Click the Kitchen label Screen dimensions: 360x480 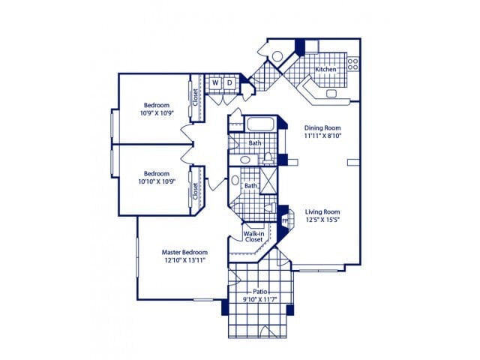(325, 69)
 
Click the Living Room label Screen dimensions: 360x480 (322, 211)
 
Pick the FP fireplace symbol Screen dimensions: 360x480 (284, 220)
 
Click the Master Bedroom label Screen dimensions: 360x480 (184, 252)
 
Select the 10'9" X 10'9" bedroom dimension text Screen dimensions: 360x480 (157, 113)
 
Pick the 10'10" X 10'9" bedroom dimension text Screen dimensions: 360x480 (157, 181)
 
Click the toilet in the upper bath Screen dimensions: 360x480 (267, 157)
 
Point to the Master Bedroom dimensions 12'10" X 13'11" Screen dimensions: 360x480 (184, 260)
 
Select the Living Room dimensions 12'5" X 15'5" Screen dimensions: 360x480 (322, 220)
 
